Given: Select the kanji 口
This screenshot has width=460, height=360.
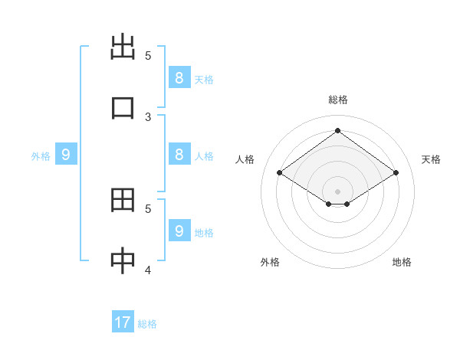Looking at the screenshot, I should tap(123, 106).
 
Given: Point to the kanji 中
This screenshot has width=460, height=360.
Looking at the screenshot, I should tap(123, 261).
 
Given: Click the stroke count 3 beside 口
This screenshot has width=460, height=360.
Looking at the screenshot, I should tap(148, 116).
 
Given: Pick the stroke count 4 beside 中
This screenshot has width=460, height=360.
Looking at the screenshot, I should tap(148, 270).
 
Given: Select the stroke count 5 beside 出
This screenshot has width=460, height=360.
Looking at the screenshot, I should tap(148, 55).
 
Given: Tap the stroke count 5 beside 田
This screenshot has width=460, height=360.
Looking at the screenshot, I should tap(148, 208).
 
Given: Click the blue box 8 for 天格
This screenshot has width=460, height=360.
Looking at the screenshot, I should tap(179, 77).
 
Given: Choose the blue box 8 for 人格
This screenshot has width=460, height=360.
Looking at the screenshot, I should tap(179, 154).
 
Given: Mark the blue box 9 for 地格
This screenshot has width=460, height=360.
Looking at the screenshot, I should tap(179, 231).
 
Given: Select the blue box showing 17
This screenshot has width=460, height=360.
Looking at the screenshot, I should tap(123, 322).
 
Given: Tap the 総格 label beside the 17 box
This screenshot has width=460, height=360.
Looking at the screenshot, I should tap(147, 324).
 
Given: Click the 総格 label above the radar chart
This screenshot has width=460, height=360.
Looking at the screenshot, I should tap(337, 100).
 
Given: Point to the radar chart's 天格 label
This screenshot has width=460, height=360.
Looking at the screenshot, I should tap(431, 159).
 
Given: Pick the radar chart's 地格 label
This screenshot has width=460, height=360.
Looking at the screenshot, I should tap(402, 262).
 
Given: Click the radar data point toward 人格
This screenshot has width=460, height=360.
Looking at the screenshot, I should tap(280, 173).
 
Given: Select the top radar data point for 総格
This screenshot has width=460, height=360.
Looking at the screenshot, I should tap(337, 131).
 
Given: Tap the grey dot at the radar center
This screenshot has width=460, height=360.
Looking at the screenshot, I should tap(337, 191).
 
